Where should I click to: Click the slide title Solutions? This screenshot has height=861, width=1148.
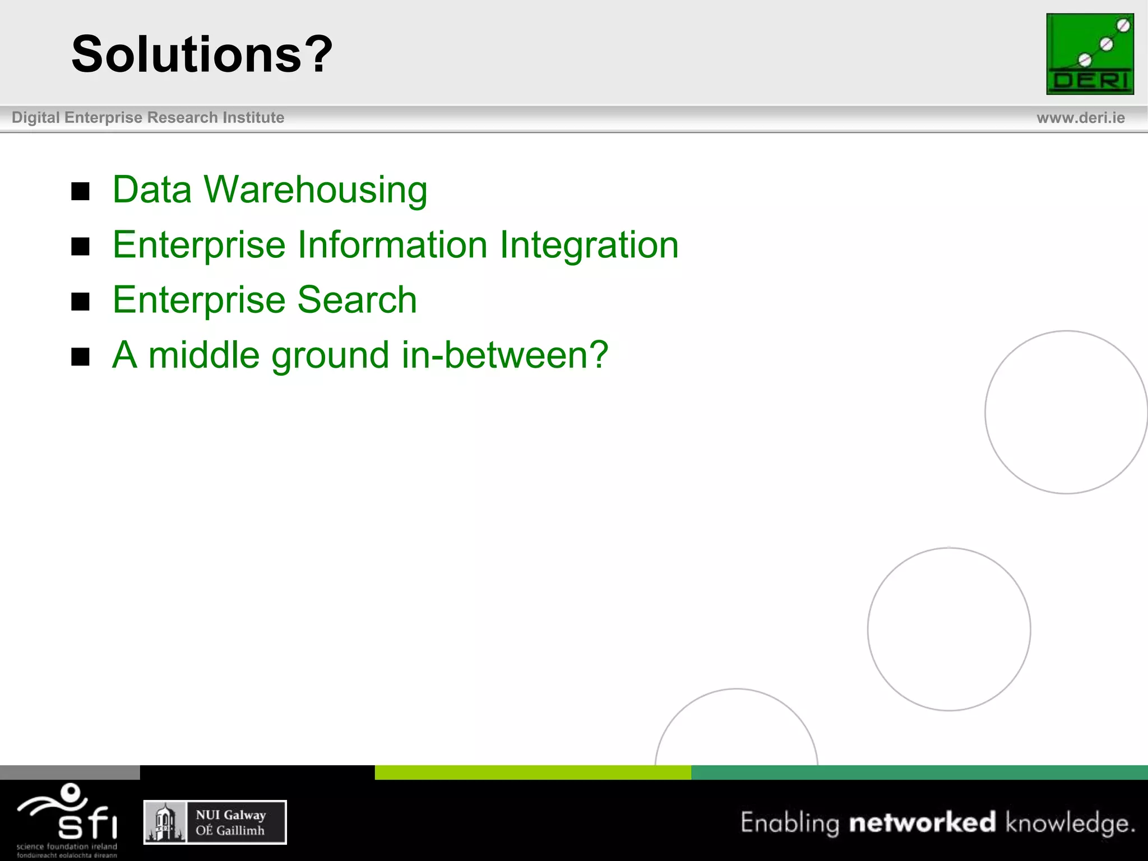202,54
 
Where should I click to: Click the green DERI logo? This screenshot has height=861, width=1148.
1090,54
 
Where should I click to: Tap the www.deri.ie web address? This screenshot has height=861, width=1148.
1080,118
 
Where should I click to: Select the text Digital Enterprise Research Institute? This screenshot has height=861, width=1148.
148,118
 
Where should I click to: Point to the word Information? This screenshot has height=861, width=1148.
392,245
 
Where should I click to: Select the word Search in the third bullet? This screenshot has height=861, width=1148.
357,300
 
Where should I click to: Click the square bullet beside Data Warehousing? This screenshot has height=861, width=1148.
81,192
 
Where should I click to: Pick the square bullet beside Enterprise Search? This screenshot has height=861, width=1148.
81,302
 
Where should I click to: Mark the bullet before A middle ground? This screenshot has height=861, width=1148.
81,357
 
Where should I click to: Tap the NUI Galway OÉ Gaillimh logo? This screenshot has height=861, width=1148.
215,822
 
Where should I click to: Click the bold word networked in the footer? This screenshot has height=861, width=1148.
922,822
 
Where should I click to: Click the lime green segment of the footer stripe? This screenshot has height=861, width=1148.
533,772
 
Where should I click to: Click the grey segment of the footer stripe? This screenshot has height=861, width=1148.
70,772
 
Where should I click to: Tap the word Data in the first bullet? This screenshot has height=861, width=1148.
152,189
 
